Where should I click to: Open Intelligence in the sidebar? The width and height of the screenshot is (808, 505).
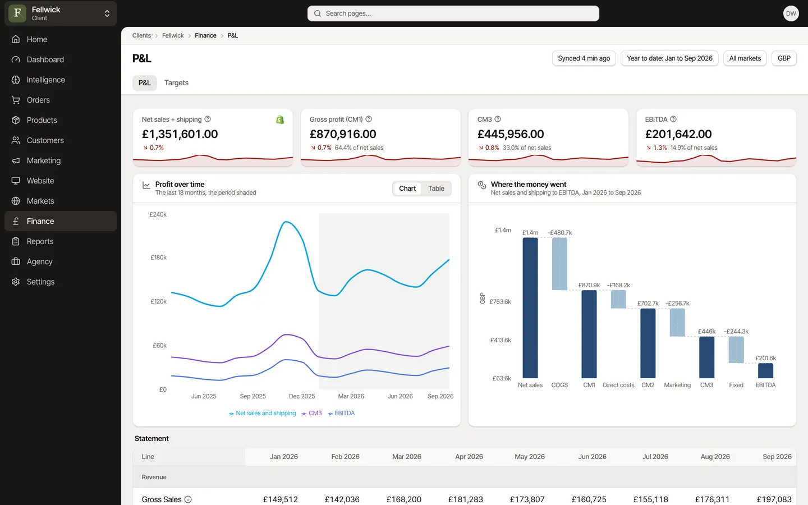(x=45, y=80)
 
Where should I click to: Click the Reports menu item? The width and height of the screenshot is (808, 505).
(x=40, y=241)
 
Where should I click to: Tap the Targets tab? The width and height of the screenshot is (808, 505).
(x=176, y=82)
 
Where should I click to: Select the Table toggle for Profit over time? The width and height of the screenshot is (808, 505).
(x=436, y=189)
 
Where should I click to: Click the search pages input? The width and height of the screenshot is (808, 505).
(x=453, y=13)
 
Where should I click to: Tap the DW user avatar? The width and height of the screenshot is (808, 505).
(x=791, y=13)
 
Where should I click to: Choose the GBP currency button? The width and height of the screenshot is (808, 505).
(x=784, y=58)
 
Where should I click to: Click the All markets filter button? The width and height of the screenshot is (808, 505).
(x=745, y=58)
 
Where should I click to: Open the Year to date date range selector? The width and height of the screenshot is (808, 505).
(x=669, y=58)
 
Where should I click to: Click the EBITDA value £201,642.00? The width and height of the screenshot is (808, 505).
(x=678, y=134)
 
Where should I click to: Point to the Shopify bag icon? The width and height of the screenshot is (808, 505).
(x=280, y=120)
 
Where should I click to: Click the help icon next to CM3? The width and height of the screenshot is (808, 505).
(x=498, y=119)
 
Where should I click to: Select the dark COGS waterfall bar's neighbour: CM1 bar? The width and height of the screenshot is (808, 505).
(x=589, y=334)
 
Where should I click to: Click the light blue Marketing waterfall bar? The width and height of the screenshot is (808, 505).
(x=677, y=323)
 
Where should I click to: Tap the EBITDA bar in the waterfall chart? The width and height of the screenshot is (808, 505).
(x=765, y=370)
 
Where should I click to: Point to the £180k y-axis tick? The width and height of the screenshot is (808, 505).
(x=159, y=257)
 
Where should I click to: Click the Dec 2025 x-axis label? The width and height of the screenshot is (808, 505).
(x=302, y=396)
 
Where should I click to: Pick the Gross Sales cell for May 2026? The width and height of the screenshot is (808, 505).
(x=527, y=499)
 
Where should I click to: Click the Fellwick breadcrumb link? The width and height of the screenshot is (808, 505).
(x=173, y=35)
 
